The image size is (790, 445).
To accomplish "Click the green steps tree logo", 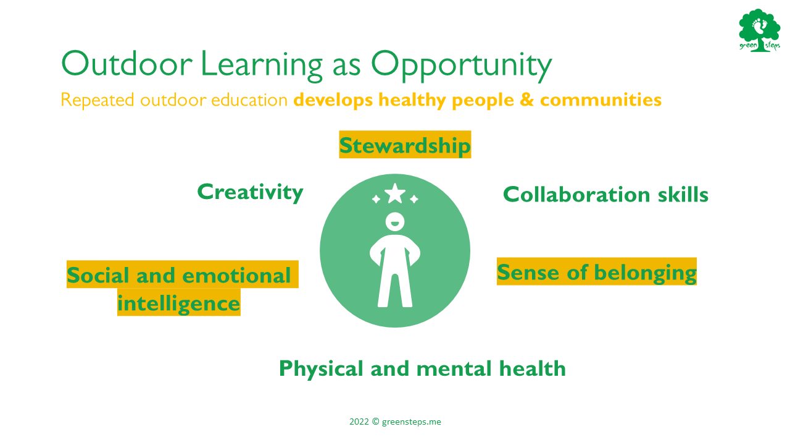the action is [x=760, y=30].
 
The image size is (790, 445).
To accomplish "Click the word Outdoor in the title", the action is [x=127, y=64].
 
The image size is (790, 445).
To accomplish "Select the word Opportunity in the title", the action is [x=462, y=66].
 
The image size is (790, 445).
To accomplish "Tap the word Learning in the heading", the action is [x=262, y=66].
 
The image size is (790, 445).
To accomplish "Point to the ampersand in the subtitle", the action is [x=527, y=100].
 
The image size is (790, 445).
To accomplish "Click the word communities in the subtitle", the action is [x=601, y=100].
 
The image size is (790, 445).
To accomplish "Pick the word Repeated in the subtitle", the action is [x=98, y=100].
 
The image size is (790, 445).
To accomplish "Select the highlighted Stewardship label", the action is [x=405, y=145].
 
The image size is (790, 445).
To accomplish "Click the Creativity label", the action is [x=251, y=192].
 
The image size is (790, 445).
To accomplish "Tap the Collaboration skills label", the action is [x=605, y=194].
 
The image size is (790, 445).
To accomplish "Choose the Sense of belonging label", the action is [x=597, y=272].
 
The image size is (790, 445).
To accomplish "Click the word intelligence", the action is [x=179, y=303].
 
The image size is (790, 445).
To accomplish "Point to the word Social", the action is [x=98, y=275].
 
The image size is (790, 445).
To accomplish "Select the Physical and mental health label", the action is [x=422, y=369].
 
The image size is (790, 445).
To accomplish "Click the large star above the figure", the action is [x=394, y=193].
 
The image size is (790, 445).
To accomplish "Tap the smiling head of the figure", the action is [x=394, y=222].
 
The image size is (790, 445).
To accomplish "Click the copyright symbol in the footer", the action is [x=375, y=422].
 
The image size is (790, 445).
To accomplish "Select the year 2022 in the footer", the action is [x=359, y=422].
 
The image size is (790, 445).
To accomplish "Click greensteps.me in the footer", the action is [x=411, y=422].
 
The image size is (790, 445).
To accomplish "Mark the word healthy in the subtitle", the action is [x=412, y=100].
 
